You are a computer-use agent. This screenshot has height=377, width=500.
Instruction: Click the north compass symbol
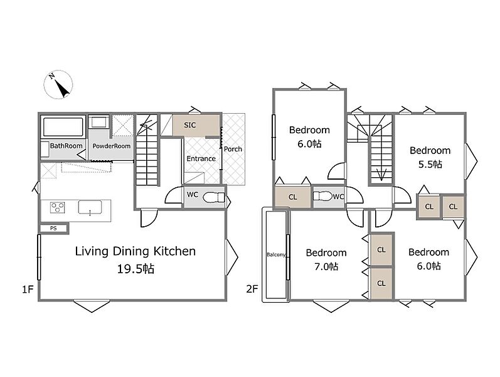coord(58,85)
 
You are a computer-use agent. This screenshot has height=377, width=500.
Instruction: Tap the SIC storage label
coord(189,125)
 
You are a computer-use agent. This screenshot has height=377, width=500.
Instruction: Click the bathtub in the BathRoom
coord(63,127)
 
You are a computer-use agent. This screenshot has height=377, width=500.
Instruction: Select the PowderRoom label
coord(111,146)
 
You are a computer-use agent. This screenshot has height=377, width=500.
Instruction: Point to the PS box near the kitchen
coord(53,228)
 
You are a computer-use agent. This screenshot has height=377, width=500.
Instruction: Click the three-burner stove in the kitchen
coord(58,207)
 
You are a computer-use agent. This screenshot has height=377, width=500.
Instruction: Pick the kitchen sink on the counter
coord(90,207)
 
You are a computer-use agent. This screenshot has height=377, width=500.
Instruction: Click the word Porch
coord(233,149)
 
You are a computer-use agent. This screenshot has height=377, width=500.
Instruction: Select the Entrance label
coord(201,158)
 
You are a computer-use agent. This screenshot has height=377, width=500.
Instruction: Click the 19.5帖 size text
coord(136,269)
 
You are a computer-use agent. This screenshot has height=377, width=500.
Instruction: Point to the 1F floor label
coord(28,289)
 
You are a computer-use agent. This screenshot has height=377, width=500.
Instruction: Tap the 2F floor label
coord(252,289)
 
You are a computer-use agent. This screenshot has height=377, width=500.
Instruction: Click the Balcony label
coord(276,254)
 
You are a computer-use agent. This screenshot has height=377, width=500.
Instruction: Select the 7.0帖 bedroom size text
coord(326,266)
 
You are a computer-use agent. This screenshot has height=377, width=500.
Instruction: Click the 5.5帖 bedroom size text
coord(430,164)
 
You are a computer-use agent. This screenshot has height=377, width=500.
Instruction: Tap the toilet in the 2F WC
coord(322,195)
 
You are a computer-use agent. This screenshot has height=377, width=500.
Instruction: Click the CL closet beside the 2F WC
coord(293,197)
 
